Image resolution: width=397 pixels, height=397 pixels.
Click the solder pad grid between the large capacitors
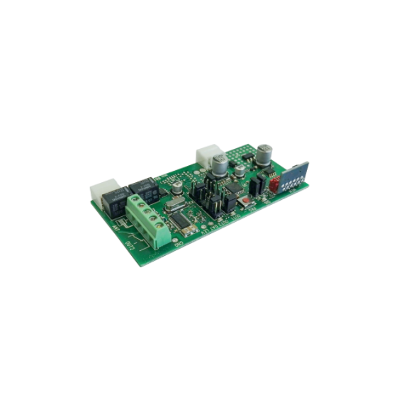tap(245, 157)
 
